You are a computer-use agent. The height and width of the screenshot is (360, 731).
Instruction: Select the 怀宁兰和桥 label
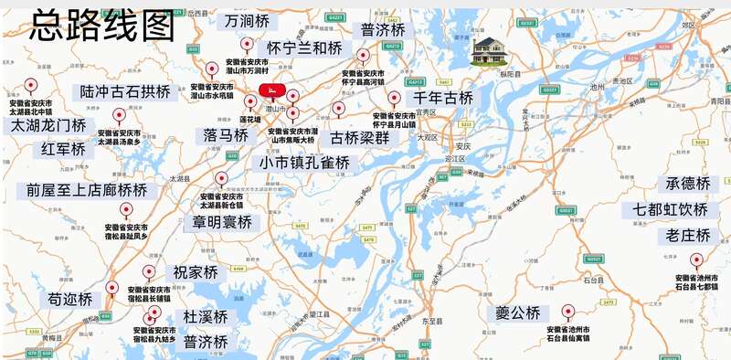coord(304,48)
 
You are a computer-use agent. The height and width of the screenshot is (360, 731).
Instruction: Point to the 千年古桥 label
coord(443,98)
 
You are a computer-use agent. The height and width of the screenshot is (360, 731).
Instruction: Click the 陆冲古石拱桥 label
coord(125,91)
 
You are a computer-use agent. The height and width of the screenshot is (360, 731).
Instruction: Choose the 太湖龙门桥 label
coord(48,125)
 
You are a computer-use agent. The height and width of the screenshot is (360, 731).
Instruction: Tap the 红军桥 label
coord(63,148)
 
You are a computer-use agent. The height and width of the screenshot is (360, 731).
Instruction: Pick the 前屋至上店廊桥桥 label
coord(87,190)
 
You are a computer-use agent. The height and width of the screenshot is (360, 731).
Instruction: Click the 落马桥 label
coord(226,135)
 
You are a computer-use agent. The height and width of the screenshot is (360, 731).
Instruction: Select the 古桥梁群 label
coord(359,139)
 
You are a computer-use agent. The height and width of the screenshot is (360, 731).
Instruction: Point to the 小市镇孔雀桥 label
coord(304,163)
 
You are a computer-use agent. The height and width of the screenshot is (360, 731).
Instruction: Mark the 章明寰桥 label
coord(226,222)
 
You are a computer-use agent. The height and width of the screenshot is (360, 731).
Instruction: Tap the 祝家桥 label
coord(196,272)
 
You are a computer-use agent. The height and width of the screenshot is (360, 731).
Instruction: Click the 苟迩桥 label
coord(70,299)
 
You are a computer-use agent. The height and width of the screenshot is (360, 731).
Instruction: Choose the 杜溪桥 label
coord(206,317)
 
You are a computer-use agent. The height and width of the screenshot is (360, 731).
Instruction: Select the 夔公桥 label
coord(518,313)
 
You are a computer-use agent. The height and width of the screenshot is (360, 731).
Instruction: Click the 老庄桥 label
coord(687,236)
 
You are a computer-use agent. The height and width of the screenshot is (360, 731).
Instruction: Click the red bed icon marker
coord(271,90)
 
